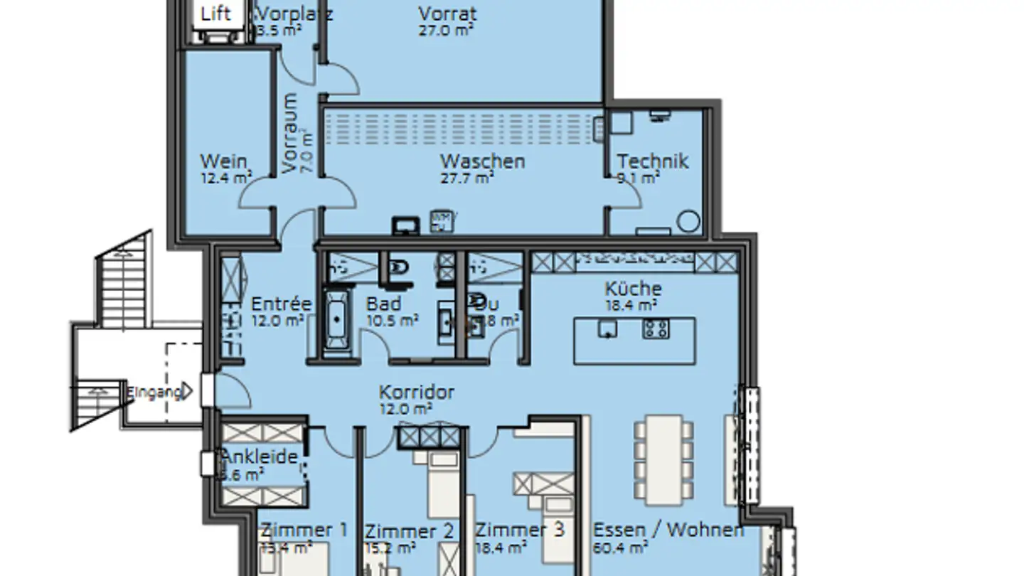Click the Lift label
(216, 13)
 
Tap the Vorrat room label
(447, 14)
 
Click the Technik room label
(652, 161)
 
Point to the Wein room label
(223, 161)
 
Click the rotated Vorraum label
(290, 133)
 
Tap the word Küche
(633, 289)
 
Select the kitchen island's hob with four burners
(656, 328)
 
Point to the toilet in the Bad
(400, 269)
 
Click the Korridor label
(416, 392)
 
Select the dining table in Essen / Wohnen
(663, 457)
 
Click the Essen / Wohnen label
(668, 530)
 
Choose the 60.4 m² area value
(620, 548)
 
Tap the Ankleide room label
(260, 457)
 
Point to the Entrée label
(281, 304)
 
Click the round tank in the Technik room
(688, 221)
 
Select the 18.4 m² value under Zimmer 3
(501, 548)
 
